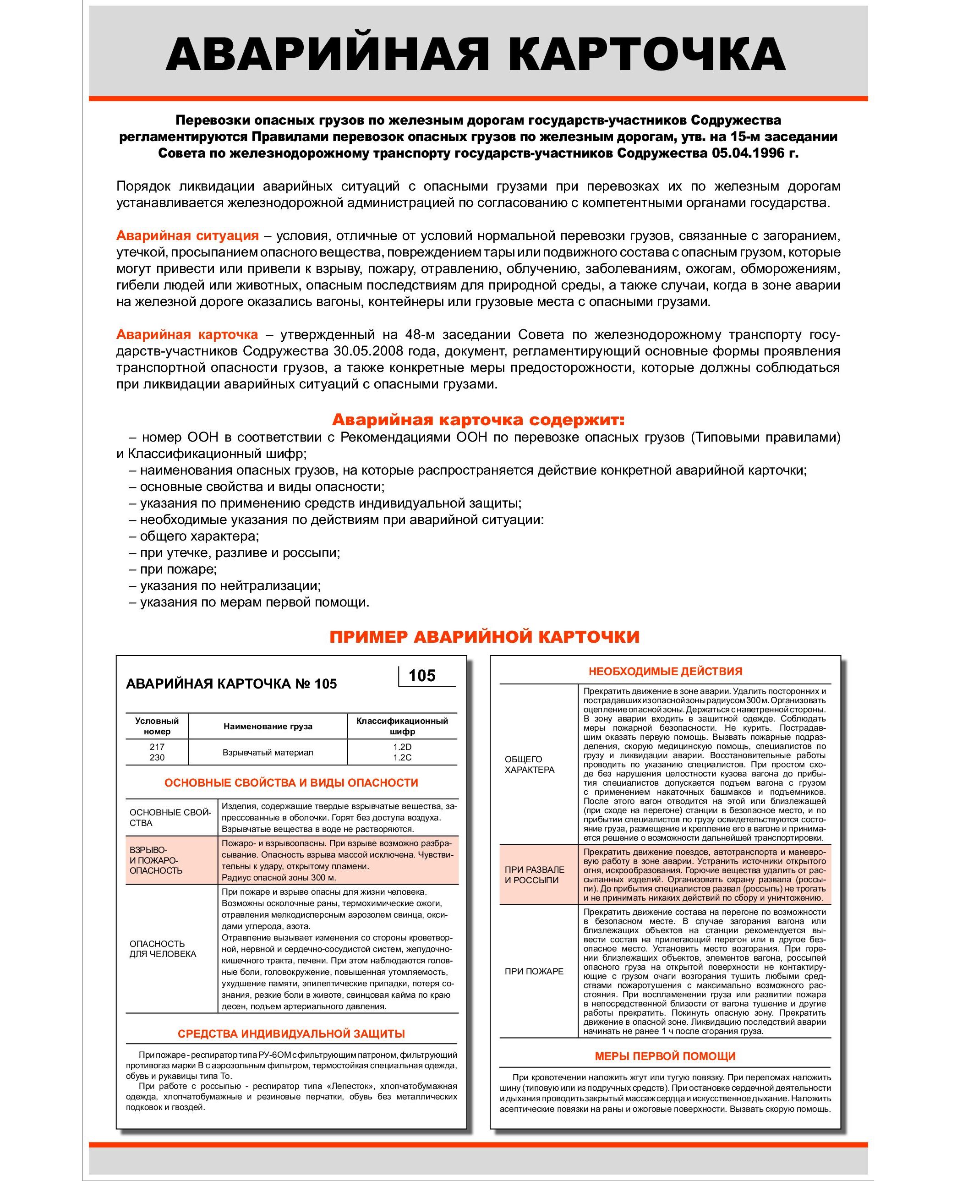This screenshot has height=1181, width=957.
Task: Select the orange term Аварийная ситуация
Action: coord(187,236)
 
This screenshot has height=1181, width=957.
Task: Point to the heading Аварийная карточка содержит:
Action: coord(478,420)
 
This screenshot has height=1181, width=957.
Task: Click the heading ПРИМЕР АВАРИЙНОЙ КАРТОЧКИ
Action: coord(484,637)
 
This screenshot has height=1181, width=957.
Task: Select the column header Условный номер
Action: coord(157,726)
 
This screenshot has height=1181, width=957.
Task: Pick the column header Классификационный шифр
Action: coord(402,726)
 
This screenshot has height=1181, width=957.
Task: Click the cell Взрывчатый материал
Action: coord(268,753)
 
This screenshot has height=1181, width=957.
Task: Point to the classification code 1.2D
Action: coord(402,747)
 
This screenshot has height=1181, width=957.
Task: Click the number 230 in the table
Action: coord(157,758)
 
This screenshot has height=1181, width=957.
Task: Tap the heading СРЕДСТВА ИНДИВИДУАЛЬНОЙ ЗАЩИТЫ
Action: coord(291,1034)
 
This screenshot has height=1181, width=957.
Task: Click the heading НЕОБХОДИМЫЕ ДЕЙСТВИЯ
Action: coord(665,672)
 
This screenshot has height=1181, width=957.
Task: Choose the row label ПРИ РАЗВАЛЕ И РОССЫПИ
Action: coord(534,875)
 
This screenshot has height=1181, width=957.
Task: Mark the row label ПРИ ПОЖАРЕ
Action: coord(534,972)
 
